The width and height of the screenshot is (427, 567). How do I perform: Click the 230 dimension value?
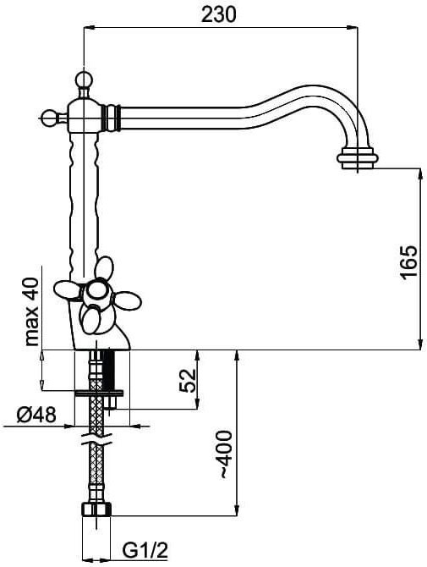coord(218,14)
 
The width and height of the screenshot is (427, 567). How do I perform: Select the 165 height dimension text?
coord(409,261)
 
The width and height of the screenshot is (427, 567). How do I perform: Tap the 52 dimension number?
coord(188,381)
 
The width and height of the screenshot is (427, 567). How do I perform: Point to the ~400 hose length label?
coord(226,454)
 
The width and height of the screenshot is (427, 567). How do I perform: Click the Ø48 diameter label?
coord(36,415)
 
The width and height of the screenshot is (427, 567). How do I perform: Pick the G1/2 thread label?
coord(145,551)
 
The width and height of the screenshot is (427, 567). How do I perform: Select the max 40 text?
coord(32,311)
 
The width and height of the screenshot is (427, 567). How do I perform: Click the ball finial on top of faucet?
coord(84,79)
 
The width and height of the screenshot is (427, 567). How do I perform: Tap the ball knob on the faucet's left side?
coord(48,118)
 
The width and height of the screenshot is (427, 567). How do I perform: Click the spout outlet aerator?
coord(358,158)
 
